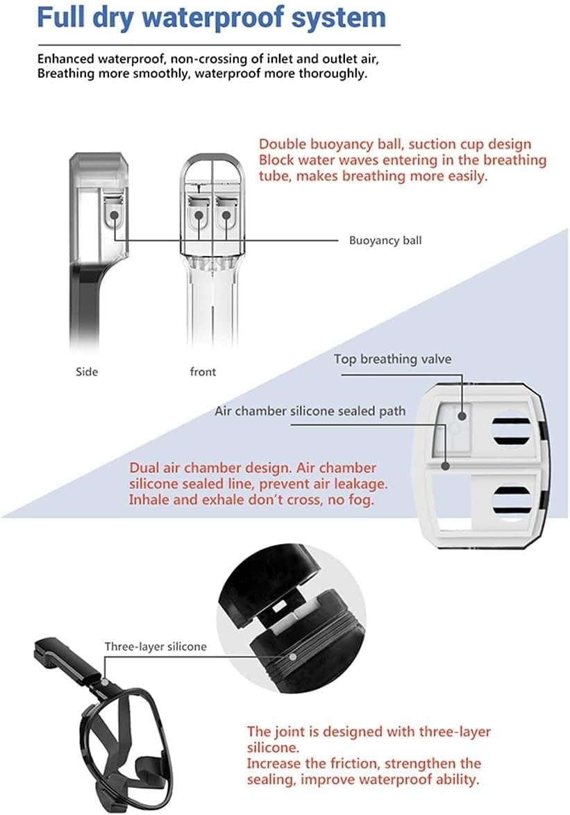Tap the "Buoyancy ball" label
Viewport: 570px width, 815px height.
coord(385,241)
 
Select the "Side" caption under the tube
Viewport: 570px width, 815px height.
coord(87,371)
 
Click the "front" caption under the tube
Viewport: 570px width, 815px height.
coord(203,371)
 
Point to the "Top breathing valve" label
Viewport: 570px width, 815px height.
coord(392,359)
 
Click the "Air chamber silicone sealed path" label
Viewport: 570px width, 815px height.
coord(310,411)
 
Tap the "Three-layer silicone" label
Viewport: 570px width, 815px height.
coord(156,646)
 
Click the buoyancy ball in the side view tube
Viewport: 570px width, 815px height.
coord(114,214)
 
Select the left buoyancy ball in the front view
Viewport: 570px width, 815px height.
coord(199,215)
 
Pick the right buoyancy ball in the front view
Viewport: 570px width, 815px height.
coord(226,215)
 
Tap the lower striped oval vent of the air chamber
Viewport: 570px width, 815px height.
coord(511,500)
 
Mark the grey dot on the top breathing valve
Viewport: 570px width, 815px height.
coord(462,416)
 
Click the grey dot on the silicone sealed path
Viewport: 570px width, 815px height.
coord(445,466)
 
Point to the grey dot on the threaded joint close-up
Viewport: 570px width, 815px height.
coord(293,657)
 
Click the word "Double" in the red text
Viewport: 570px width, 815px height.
coord(283,144)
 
